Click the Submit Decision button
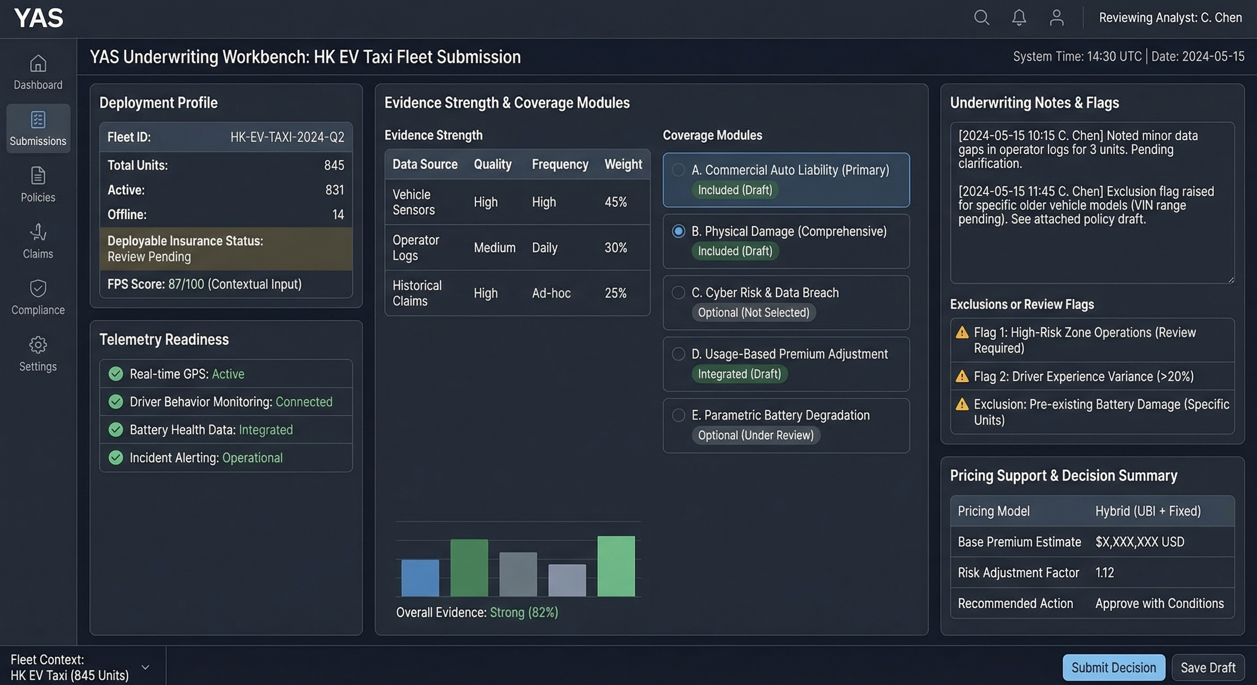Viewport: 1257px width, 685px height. click(1114, 668)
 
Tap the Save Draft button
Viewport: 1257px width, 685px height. click(1208, 668)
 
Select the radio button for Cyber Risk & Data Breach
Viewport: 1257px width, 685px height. click(678, 293)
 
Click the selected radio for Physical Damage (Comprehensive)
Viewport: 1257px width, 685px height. click(678, 231)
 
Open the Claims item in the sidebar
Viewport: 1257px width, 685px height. click(38, 241)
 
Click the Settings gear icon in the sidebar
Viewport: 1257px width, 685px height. click(38, 345)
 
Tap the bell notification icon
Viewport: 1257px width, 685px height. click(1019, 18)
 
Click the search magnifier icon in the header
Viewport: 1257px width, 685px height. click(981, 18)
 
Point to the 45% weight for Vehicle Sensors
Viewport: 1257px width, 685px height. click(615, 202)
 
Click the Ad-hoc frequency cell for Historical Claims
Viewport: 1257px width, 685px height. click(551, 293)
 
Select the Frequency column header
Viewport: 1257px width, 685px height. click(560, 164)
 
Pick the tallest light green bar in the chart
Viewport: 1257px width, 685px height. click(616, 566)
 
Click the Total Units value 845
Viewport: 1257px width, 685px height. click(334, 165)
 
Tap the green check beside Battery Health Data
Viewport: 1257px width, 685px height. click(116, 429)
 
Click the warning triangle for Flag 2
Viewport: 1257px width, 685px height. click(962, 376)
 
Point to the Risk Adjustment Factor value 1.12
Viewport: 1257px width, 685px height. click(1104, 572)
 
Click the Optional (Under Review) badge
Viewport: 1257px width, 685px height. click(755, 435)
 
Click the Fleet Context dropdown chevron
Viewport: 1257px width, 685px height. click(146, 667)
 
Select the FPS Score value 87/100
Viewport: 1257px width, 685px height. click(186, 284)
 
